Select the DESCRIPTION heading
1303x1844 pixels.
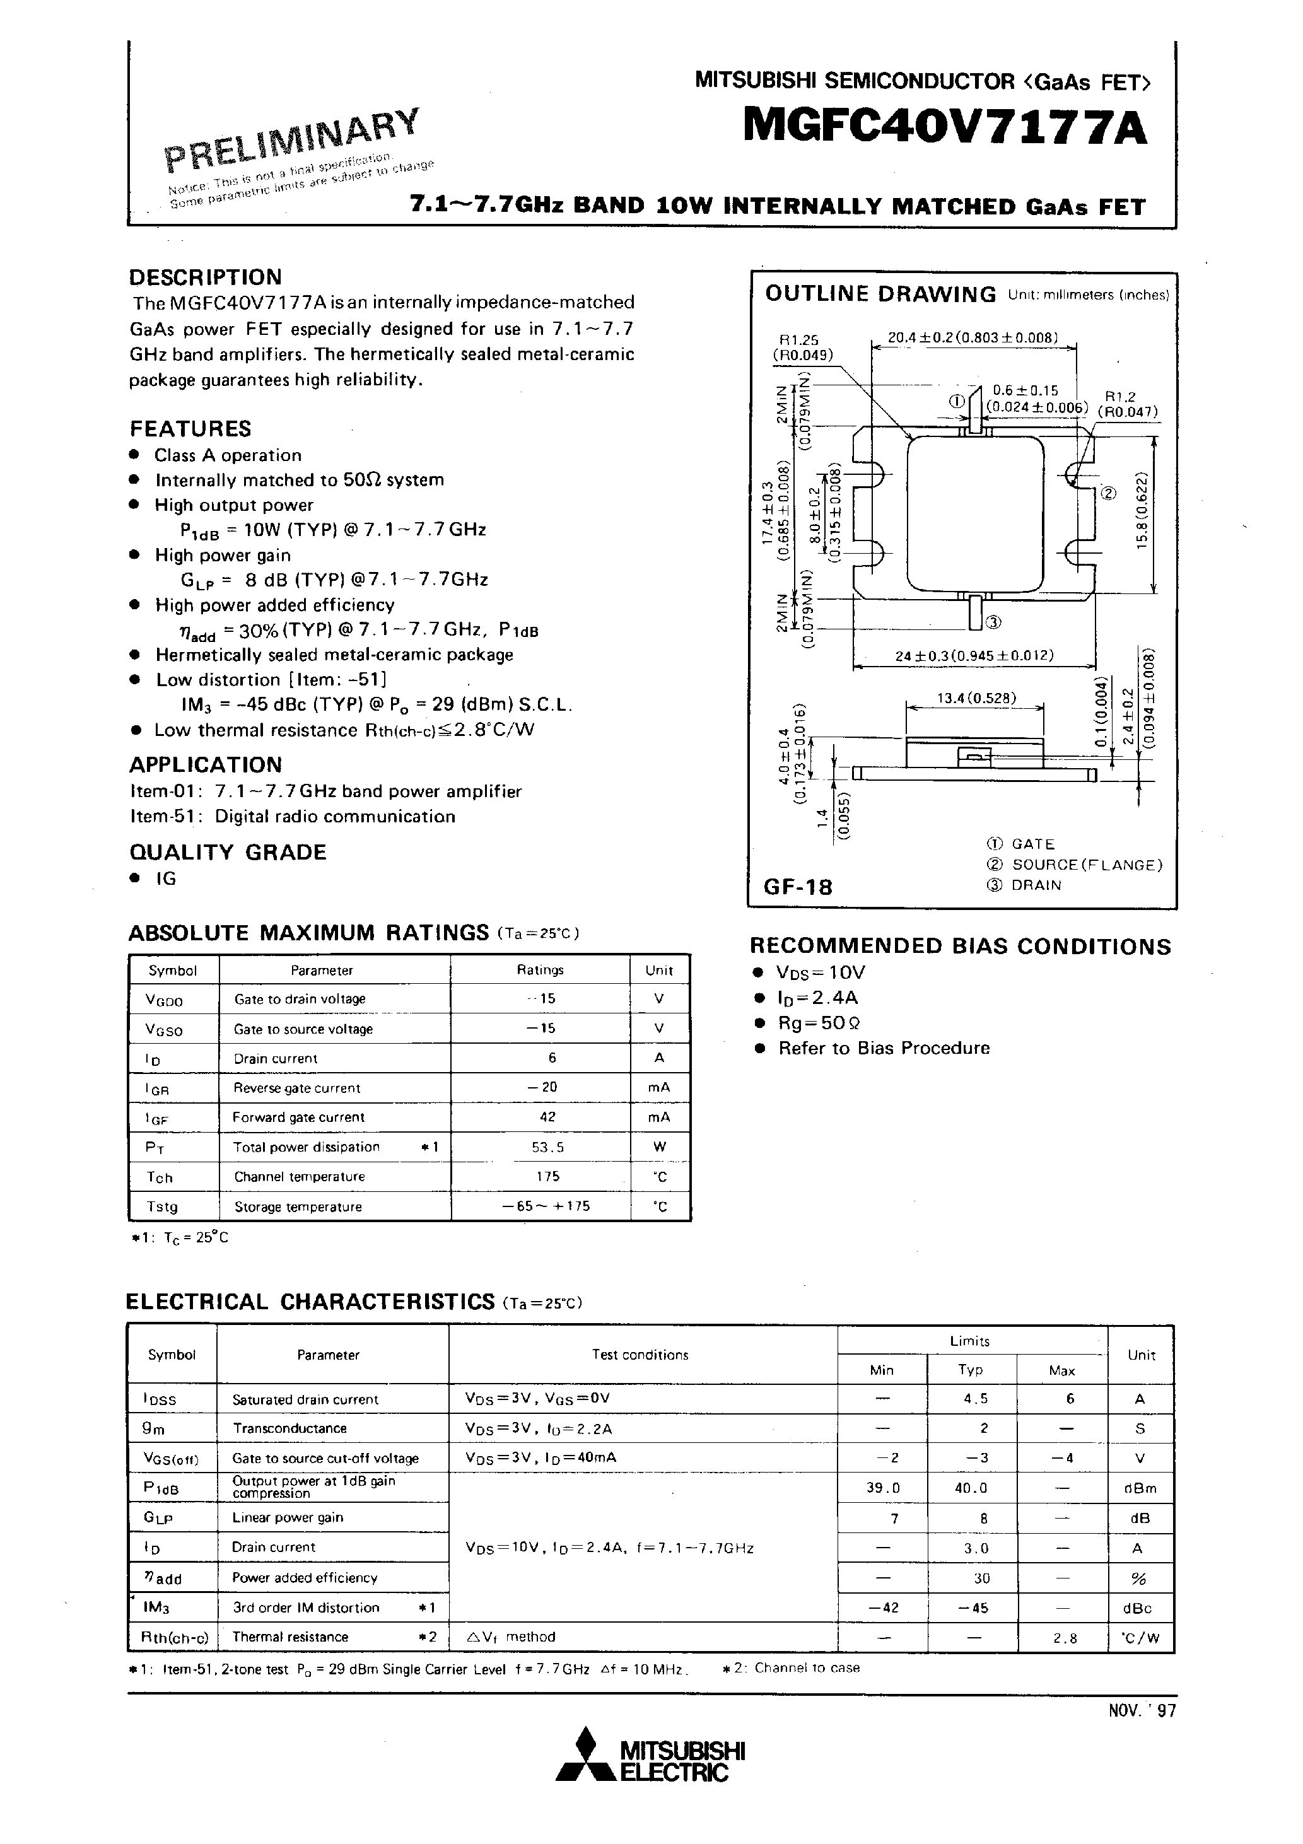pyautogui.click(x=206, y=277)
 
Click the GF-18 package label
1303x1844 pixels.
pyautogui.click(x=798, y=887)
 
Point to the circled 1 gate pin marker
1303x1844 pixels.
pyautogui.click(x=956, y=402)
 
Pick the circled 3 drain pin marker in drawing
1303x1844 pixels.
pyautogui.click(x=993, y=621)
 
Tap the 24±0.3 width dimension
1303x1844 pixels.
pyautogui.click(x=974, y=655)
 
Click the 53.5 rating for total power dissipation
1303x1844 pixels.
pyautogui.click(x=548, y=1147)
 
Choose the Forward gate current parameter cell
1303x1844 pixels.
pyautogui.click(x=298, y=1117)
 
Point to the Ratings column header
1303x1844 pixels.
pyautogui.click(x=540, y=969)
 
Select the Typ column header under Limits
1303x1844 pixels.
pyautogui.click(x=971, y=1369)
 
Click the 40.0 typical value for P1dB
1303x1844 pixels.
pyautogui.click(x=971, y=1488)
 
